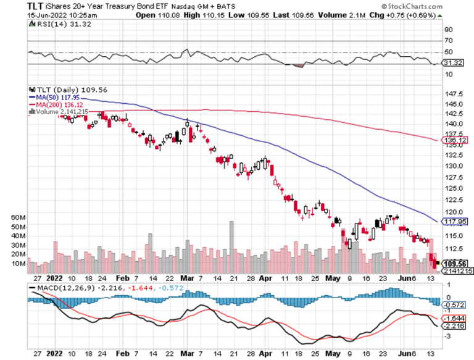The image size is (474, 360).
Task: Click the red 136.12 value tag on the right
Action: click(454, 141)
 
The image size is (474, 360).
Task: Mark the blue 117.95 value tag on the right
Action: click(454, 220)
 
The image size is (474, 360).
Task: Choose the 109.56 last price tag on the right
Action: click(454, 263)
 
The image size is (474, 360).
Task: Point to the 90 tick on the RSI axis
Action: click(449, 29)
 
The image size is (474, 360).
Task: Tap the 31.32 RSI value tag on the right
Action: click(453, 63)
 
